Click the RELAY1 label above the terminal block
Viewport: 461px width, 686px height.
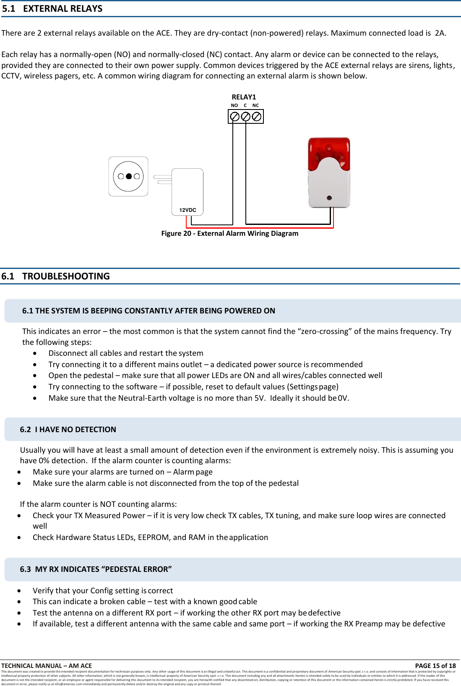(x=244, y=97)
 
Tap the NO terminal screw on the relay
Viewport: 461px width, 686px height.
(x=235, y=117)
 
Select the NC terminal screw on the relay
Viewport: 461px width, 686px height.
(x=257, y=117)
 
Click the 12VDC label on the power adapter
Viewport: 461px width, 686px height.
(x=188, y=210)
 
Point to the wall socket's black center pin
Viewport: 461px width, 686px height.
(x=129, y=177)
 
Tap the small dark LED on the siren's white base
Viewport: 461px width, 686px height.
(x=329, y=198)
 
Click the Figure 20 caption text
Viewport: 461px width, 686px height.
(x=229, y=233)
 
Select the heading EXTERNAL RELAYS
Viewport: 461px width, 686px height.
(x=63, y=9)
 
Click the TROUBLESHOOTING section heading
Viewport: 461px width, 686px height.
(x=66, y=276)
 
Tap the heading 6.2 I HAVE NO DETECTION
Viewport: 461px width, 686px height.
(x=68, y=429)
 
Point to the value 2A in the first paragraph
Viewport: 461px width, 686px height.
(x=440, y=33)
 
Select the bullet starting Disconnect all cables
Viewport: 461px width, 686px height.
(x=125, y=353)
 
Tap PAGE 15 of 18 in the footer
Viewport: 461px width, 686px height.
(x=435, y=665)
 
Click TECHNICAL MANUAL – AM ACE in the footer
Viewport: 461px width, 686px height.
(x=47, y=665)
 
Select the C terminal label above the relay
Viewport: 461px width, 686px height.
(x=245, y=106)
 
